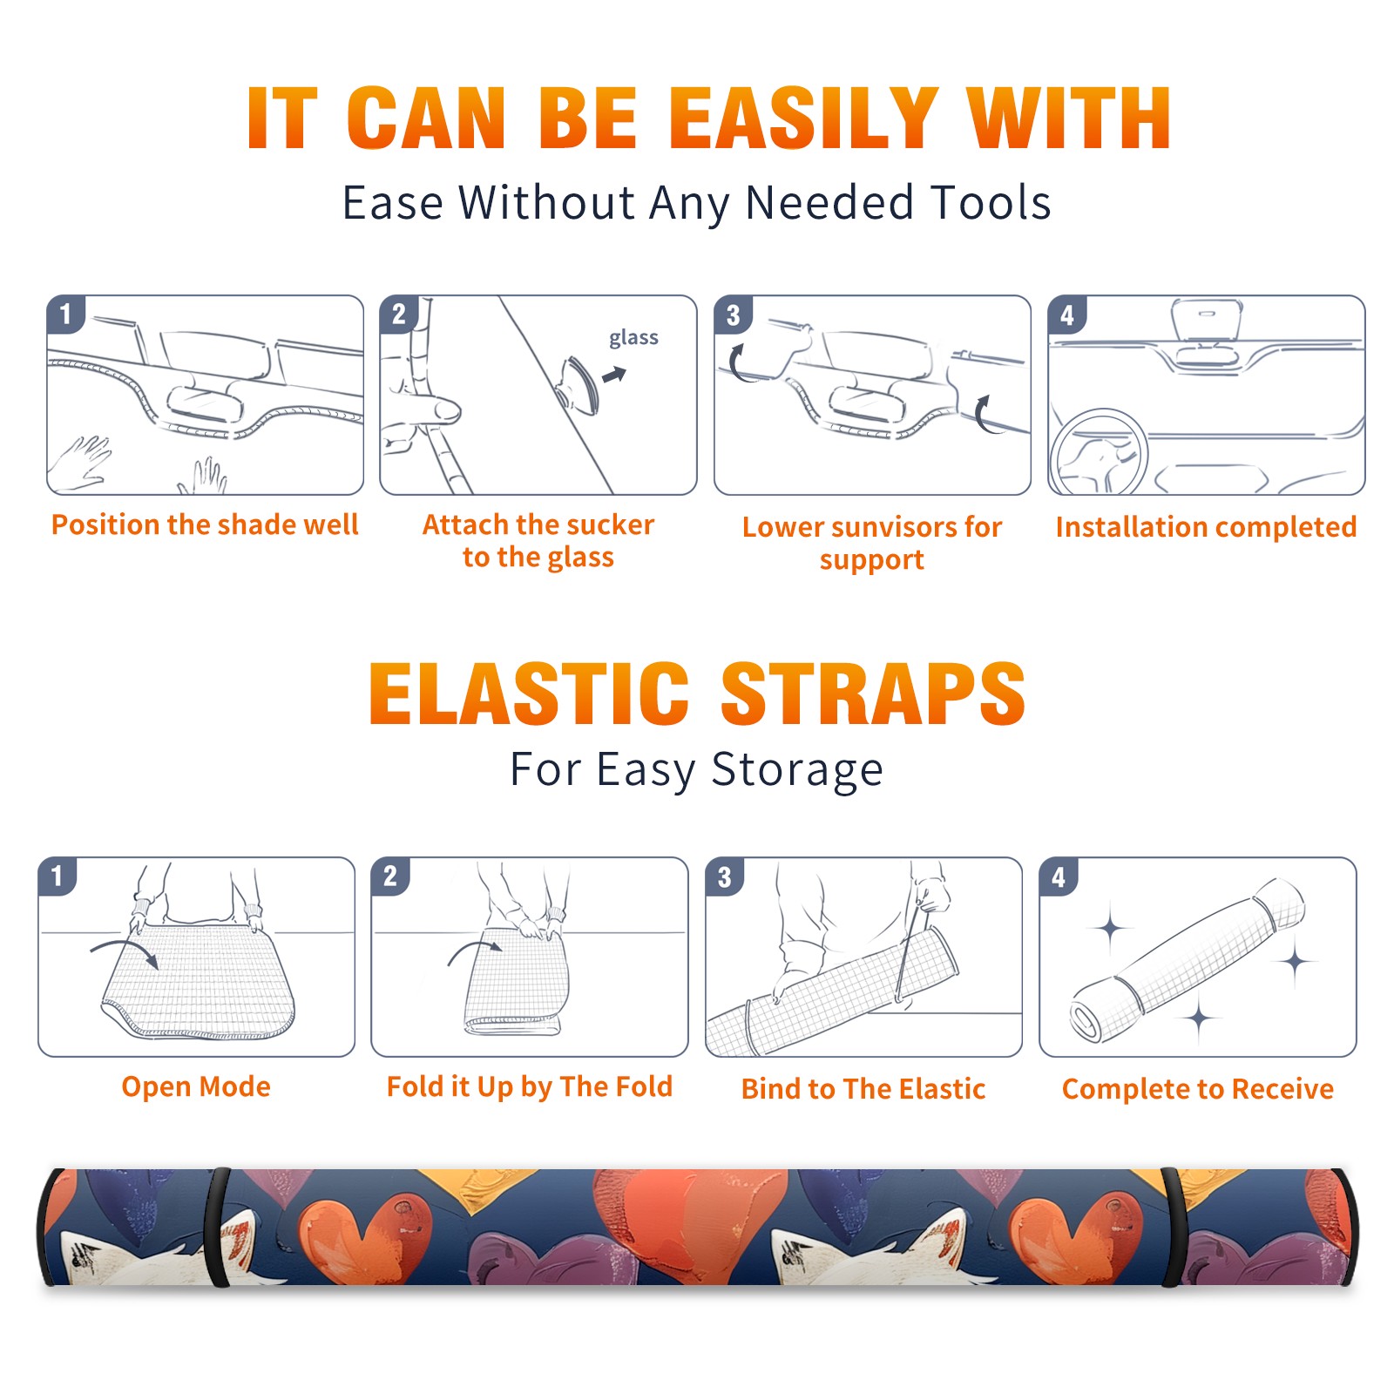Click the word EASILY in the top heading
pos(804,118)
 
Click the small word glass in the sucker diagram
pos(633,338)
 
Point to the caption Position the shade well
pos(205,524)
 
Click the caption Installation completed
pos(1206,526)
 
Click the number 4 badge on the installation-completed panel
pos(1067,315)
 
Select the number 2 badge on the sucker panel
pos(399,315)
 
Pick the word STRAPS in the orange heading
pos(873,694)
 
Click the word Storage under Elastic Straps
pos(797,770)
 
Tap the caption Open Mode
pos(196,1086)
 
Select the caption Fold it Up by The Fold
pos(530,1086)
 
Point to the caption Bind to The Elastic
pos(863,1088)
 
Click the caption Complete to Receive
pos(1198,1088)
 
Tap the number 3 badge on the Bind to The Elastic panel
pos(725,876)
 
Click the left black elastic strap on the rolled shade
pos(217,1227)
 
